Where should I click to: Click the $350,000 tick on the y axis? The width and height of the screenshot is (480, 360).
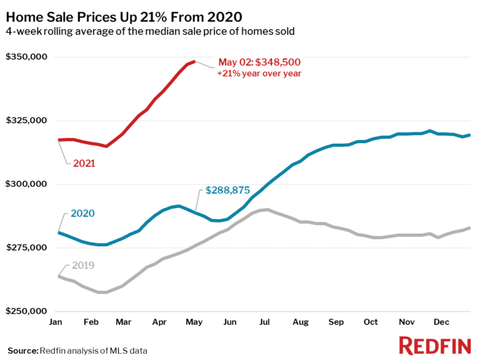click(x=26, y=57)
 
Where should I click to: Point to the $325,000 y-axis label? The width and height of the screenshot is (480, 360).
click(x=26, y=121)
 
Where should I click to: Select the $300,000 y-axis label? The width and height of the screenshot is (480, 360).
click(x=26, y=184)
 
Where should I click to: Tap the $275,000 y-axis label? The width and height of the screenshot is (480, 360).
click(x=26, y=248)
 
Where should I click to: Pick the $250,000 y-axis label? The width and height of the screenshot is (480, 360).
click(x=26, y=311)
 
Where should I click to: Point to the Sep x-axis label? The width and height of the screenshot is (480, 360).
click(x=336, y=322)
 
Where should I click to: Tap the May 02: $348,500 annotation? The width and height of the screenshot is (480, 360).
click(x=259, y=62)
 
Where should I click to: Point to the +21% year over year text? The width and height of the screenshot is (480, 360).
click(x=259, y=73)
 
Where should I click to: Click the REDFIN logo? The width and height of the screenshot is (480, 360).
click(x=435, y=345)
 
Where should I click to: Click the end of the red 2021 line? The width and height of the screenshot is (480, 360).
click(x=194, y=61)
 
